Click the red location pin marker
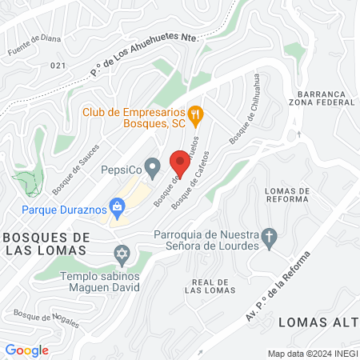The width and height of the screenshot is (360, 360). [x=180, y=162]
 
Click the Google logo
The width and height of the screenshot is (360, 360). [x=26, y=350]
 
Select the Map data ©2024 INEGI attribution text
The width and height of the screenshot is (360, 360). [x=312, y=354]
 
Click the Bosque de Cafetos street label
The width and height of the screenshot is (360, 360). [x=194, y=178]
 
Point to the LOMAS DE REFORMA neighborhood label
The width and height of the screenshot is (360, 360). [x=286, y=194]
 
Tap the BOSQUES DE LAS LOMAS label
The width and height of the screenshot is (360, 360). [x=46, y=244]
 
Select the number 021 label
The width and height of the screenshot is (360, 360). [x=57, y=66]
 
